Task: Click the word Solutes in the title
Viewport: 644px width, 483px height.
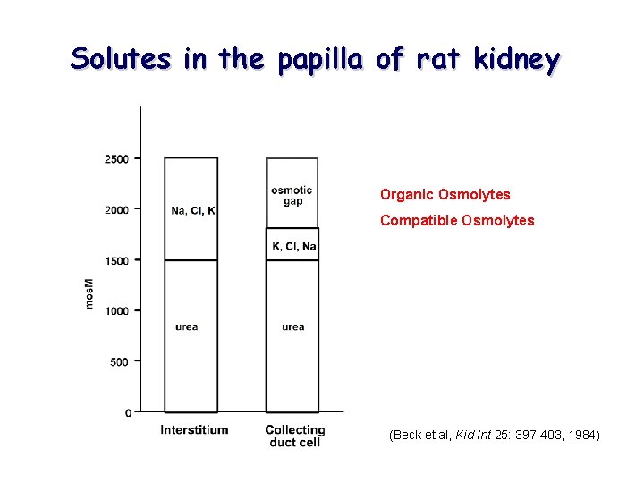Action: [123, 59]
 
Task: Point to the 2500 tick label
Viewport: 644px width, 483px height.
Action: [117, 159]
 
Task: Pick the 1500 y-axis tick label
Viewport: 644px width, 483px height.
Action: [117, 261]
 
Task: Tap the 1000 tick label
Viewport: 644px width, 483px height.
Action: [117, 311]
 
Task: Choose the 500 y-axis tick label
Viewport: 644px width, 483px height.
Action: [120, 362]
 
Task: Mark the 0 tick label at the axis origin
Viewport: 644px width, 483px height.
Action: [128, 413]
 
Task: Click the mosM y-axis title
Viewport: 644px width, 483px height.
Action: [89, 292]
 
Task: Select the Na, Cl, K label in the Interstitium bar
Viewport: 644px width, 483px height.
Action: [193, 211]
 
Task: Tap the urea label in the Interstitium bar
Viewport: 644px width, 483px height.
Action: [187, 327]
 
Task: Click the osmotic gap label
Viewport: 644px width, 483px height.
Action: [292, 195]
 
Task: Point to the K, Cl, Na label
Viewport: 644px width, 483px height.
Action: [294, 246]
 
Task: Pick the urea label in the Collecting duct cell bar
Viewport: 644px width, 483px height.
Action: [292, 327]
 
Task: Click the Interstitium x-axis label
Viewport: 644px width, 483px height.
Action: [194, 430]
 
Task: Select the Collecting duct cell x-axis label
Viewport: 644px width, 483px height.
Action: [294, 436]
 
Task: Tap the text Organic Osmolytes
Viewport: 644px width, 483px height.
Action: [445, 194]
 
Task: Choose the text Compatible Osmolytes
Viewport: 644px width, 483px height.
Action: [457, 220]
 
